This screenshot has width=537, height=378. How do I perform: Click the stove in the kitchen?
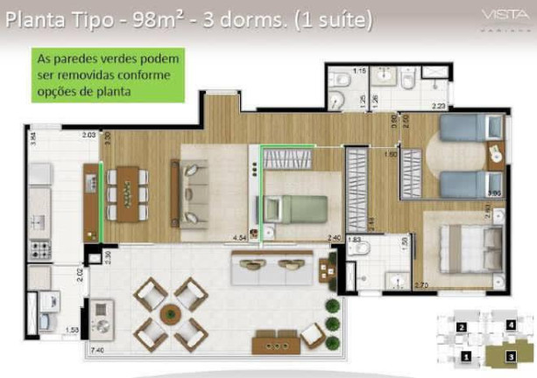tap(40, 249)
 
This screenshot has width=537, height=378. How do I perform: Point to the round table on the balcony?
tap(172, 314)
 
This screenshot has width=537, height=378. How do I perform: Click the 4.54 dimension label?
tap(239, 236)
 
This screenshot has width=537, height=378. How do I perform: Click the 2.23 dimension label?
tap(439, 107)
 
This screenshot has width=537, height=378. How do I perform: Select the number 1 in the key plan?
tap(468, 357)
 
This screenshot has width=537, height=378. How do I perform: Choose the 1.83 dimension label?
tap(354, 239)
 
